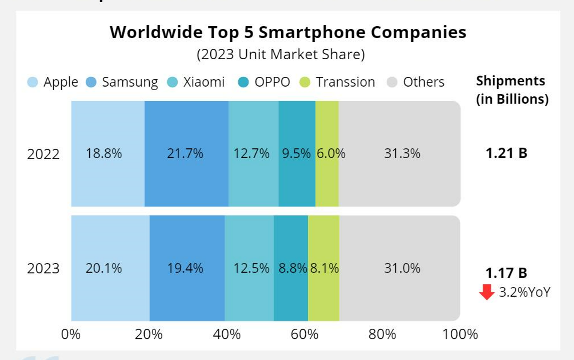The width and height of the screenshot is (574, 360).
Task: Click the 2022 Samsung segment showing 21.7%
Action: tap(186, 153)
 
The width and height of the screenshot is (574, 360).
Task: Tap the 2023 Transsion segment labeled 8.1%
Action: tap(324, 268)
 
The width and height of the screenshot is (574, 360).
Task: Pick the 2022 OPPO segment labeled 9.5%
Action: tap(297, 153)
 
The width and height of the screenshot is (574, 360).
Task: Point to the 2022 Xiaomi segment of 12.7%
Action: tap(253, 153)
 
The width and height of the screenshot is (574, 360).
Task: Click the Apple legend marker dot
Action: tap(33, 82)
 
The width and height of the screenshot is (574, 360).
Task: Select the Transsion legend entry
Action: tap(345, 82)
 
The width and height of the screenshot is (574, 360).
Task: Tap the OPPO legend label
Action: tap(272, 82)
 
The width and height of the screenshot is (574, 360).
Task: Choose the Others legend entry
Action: tap(423, 82)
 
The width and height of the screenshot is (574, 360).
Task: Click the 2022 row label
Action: tap(43, 154)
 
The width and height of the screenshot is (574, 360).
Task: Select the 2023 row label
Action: tap(43, 269)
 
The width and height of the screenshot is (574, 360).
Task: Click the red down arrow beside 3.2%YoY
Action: tap(487, 292)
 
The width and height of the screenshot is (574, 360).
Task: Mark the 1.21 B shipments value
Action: tap(506, 153)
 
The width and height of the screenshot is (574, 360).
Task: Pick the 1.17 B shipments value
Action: tap(506, 273)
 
